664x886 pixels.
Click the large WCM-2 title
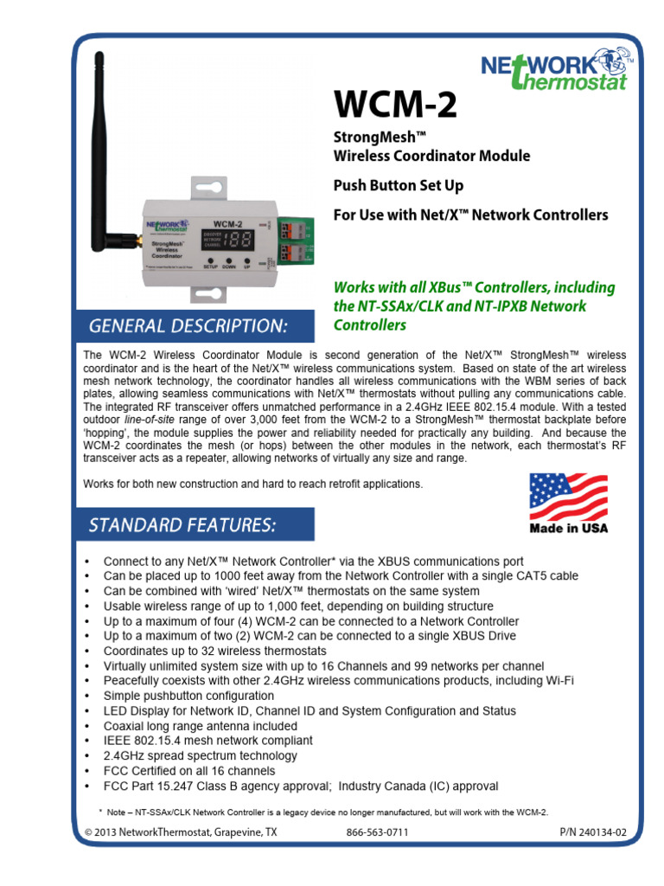tap(394, 108)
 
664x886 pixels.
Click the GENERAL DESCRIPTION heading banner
tap(188, 325)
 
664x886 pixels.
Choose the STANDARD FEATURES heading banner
tap(182, 524)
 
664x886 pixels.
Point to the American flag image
tap(568, 497)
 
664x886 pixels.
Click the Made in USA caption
tap(568, 528)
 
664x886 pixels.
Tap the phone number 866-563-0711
tap(376, 832)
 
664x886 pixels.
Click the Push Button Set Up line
tap(399, 185)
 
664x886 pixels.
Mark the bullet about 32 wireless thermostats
tap(214, 651)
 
